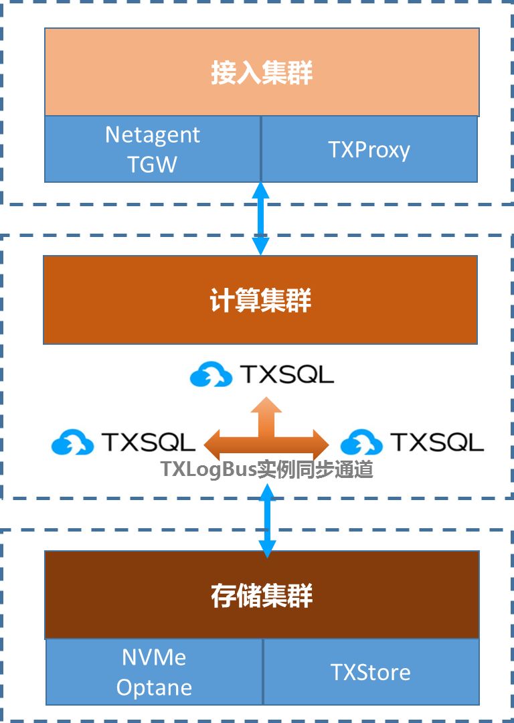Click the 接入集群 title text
click(x=262, y=73)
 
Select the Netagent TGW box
click(x=153, y=149)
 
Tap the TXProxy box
click(x=369, y=149)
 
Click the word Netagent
click(x=153, y=135)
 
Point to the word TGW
click(x=153, y=164)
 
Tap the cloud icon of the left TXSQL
click(x=72, y=443)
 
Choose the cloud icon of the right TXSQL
click(x=361, y=443)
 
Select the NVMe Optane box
click(x=154, y=671)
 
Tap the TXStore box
click(x=371, y=672)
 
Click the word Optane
click(x=154, y=688)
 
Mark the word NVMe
click(x=154, y=657)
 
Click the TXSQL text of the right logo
click(x=437, y=443)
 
